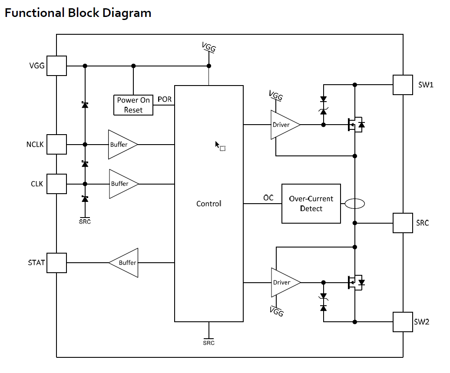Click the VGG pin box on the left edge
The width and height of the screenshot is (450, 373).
coord(56,66)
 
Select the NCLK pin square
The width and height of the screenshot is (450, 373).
coord(56,144)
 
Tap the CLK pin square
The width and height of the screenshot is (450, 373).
coord(56,184)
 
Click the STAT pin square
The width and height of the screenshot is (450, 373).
coord(56,263)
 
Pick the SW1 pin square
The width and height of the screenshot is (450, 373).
coord(403,85)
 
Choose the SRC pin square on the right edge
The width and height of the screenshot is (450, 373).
coord(403,223)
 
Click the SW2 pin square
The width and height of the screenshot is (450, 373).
coord(403,322)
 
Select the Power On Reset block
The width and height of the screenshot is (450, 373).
coord(133,105)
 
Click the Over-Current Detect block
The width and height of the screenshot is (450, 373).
coord(311,204)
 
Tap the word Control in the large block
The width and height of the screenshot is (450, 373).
coord(208,204)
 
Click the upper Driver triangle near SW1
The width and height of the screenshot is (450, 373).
coord(283,125)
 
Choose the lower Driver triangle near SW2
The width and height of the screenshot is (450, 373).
coord(283,282)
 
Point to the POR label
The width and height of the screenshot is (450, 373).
coord(165,99)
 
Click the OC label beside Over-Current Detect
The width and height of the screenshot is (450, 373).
coord(268,198)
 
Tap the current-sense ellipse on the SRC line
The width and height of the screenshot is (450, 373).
coord(354,203)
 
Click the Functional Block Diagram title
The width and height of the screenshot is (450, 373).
coord(78,13)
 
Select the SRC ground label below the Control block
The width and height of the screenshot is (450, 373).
coord(208,343)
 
